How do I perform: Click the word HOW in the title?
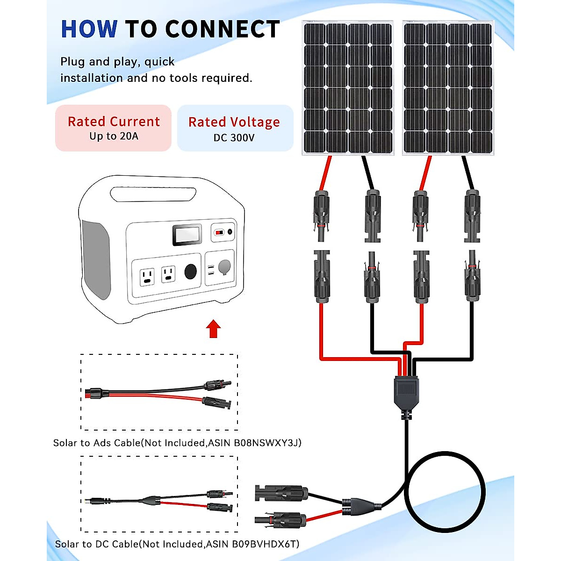[89, 29]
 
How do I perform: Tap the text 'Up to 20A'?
[114, 137]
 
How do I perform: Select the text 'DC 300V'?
[234, 138]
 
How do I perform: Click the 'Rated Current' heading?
[114, 122]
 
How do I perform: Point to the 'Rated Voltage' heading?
[234, 122]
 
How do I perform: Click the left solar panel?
[348, 88]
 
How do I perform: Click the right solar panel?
[448, 88]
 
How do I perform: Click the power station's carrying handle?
[153, 194]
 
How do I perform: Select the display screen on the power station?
[187, 235]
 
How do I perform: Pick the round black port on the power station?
[191, 272]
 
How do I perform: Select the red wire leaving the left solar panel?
[326, 173]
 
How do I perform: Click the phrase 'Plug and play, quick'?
[117, 62]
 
